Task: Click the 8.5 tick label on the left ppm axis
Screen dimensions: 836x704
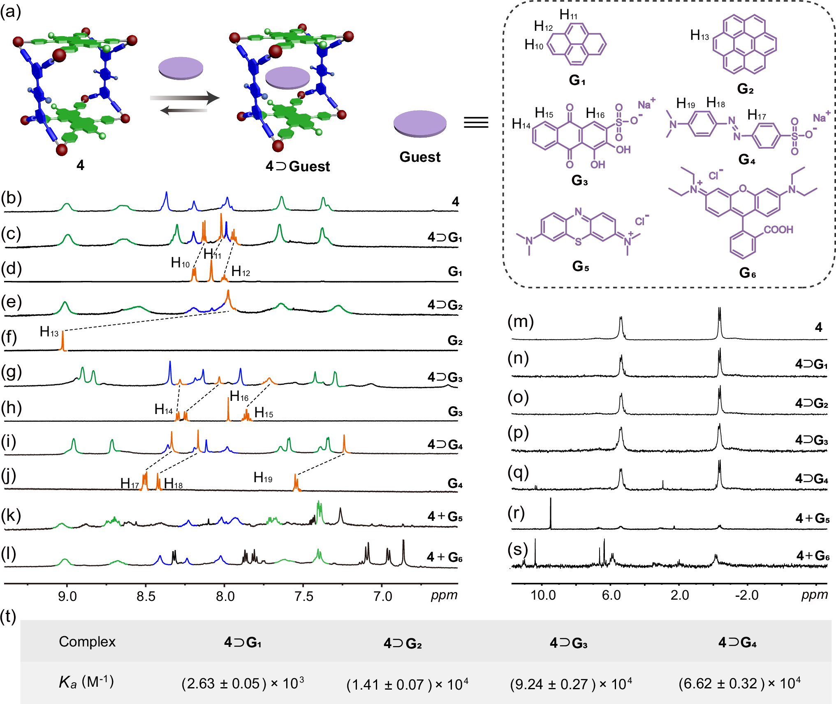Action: point(146,596)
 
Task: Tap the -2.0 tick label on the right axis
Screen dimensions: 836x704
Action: point(747,595)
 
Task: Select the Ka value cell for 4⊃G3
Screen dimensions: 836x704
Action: point(571,684)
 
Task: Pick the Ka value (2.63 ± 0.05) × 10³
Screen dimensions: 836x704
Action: point(243,683)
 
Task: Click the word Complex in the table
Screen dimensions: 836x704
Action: point(87,642)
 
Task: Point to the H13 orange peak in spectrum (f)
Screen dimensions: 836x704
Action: point(63,341)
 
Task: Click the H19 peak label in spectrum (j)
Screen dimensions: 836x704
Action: point(263,477)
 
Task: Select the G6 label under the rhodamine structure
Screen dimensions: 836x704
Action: point(747,273)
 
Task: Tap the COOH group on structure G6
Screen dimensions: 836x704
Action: point(778,230)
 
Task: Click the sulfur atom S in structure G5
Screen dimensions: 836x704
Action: point(578,242)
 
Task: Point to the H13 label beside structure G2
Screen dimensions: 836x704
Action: point(699,35)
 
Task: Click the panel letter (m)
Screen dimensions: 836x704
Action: point(520,322)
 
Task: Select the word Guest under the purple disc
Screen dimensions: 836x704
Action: point(420,157)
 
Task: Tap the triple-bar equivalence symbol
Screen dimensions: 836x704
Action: point(476,122)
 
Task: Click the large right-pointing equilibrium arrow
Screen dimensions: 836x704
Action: point(185,98)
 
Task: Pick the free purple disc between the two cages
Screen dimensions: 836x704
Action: point(181,68)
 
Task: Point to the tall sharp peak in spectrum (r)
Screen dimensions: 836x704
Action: point(551,513)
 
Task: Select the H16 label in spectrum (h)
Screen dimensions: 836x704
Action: point(239,396)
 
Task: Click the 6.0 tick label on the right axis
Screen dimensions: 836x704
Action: point(611,595)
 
